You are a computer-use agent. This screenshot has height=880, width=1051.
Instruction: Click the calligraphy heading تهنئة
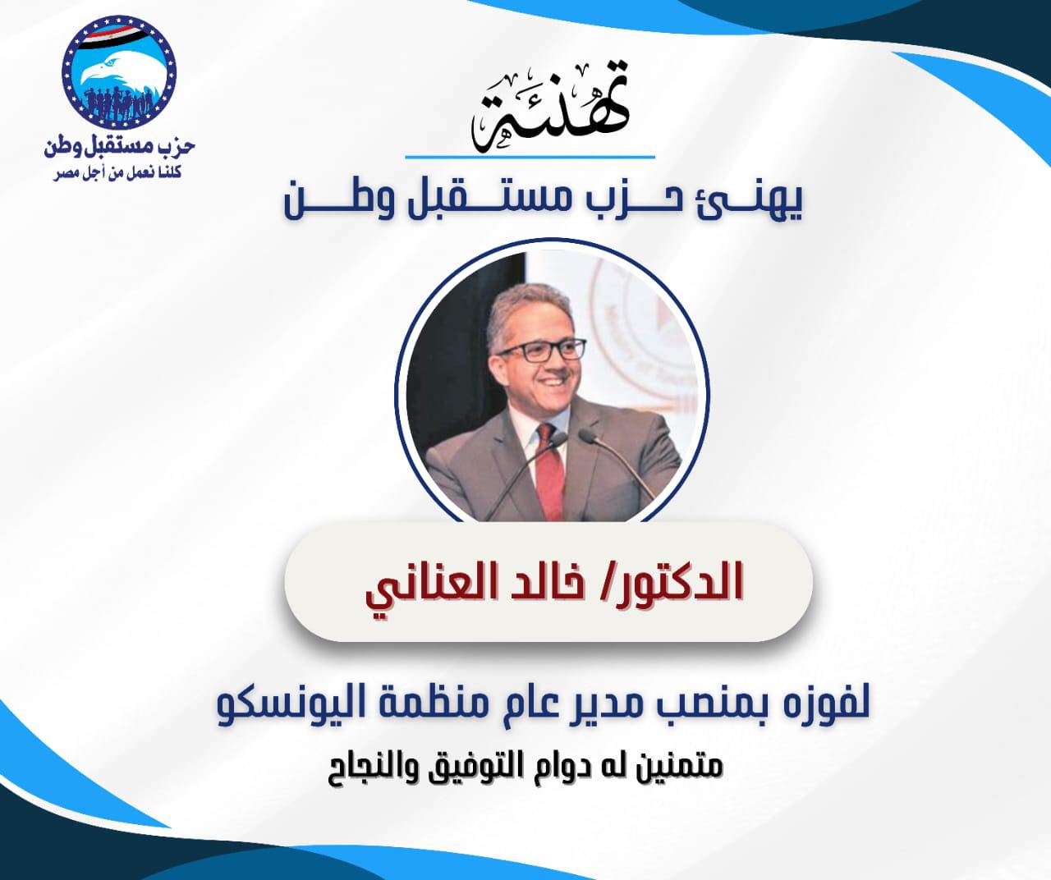coord(549,107)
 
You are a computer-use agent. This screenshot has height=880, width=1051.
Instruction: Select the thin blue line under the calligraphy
coord(530,157)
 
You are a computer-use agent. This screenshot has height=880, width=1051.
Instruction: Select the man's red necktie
coord(548,469)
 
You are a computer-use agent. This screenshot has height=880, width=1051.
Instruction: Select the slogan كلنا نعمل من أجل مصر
coord(117,174)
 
